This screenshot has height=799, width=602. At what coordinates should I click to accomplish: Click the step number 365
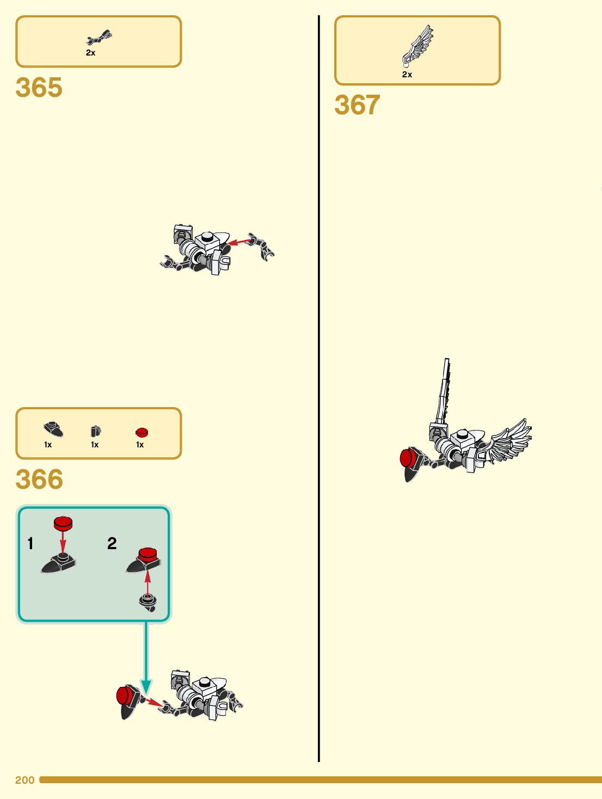tap(39, 88)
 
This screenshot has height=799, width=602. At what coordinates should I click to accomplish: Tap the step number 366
tap(39, 480)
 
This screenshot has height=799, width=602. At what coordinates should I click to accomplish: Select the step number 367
tap(357, 105)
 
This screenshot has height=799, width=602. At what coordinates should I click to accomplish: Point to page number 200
tap(25, 780)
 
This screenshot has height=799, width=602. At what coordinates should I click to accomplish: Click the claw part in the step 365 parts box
tap(99, 38)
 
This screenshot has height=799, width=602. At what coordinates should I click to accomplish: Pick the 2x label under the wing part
tap(407, 75)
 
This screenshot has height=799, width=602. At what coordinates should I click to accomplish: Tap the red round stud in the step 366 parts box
tap(142, 433)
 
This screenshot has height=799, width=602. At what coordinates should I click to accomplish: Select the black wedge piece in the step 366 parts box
tap(53, 429)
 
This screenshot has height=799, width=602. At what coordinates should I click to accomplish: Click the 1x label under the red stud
tap(140, 445)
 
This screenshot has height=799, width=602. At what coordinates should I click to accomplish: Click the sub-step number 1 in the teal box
tap(30, 543)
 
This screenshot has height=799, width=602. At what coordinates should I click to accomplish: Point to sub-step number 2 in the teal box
tap(112, 543)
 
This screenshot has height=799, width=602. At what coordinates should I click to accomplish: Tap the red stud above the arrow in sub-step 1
tap(63, 524)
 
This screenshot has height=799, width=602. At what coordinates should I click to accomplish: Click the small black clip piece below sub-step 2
tap(148, 602)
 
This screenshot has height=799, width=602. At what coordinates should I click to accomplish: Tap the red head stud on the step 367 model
tap(408, 458)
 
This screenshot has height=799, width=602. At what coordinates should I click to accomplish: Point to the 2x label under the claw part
tap(90, 53)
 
